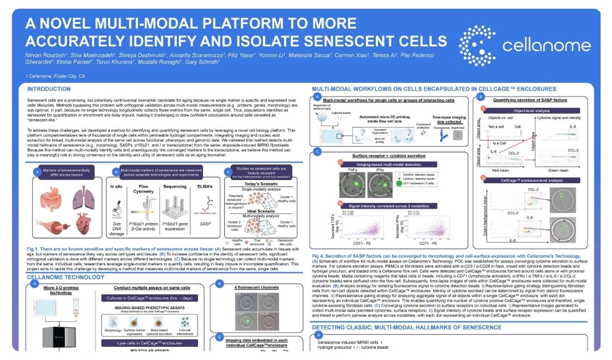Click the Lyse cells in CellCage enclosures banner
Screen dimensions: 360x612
(149, 343)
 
